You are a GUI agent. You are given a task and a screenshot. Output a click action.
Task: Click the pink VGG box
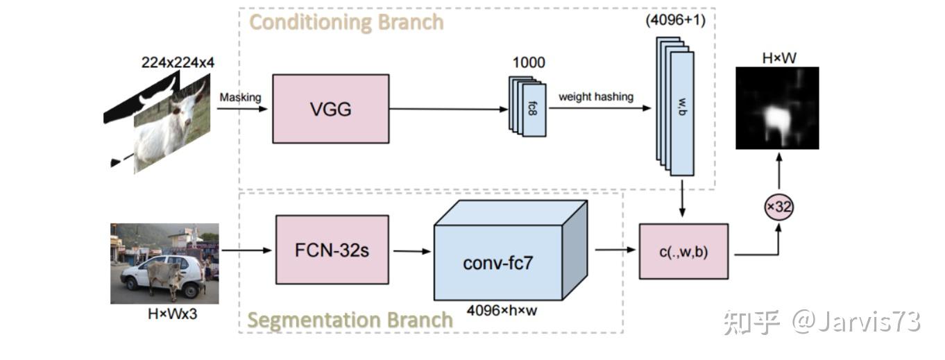pos(330,109)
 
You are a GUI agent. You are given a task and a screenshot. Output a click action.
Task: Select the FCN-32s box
pos(332,249)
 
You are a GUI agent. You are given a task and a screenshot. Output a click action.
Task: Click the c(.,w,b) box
pos(683,251)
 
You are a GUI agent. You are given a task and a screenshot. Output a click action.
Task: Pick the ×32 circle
pos(778,206)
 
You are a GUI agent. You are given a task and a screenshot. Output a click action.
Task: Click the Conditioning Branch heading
pos(346,22)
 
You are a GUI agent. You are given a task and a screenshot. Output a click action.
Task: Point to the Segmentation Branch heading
pos(350,320)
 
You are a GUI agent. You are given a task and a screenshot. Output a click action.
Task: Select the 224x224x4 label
pos(178,62)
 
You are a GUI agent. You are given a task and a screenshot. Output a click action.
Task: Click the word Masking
pos(240,97)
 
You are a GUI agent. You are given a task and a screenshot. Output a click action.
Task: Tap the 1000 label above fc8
pos(529,62)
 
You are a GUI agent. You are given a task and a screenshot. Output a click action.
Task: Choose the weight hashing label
pos(595,97)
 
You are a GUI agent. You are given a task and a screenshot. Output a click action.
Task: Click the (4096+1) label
pos(674,20)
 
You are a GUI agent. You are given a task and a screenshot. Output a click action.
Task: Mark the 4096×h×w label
pos(501,310)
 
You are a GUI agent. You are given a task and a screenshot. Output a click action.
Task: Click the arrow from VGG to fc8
pos(448,109)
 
